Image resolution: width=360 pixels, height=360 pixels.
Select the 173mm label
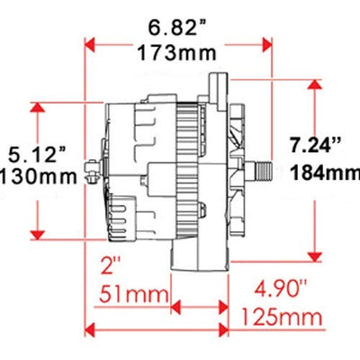tap(177, 53)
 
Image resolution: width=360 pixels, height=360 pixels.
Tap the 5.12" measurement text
tap(37, 155)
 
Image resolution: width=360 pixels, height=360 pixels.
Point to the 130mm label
tap(39, 176)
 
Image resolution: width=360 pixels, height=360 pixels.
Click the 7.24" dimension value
tap(316, 146)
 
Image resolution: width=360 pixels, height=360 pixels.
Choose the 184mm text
tap(326, 173)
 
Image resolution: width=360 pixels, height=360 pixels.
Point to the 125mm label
tap(282, 317)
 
